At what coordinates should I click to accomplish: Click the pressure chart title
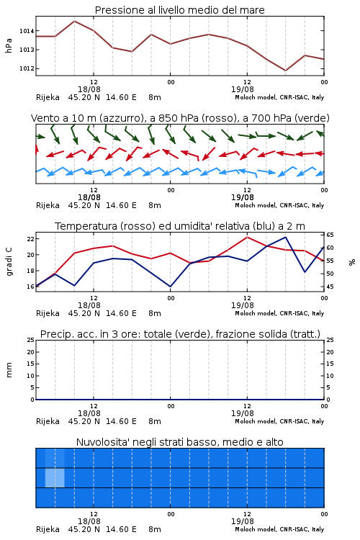(179, 10)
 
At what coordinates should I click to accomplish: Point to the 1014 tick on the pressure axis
(27, 31)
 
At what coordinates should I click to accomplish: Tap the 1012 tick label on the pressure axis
(27, 68)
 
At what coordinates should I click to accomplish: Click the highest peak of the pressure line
(74, 21)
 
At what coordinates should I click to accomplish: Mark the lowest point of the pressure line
(285, 71)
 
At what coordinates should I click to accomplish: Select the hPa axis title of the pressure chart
(9, 45)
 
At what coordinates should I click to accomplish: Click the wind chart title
(180, 118)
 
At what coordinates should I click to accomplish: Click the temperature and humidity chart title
(180, 226)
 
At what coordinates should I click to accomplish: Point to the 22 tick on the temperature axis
(30, 239)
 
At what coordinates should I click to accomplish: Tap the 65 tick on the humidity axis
(330, 235)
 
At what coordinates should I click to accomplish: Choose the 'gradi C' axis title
(9, 261)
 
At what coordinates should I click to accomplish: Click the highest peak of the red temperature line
(247, 237)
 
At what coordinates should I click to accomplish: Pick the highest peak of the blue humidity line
(285, 237)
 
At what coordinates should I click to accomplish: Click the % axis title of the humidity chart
(352, 262)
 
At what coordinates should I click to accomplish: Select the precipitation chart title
(180, 334)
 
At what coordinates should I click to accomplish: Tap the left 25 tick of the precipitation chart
(30, 341)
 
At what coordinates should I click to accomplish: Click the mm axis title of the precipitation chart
(9, 370)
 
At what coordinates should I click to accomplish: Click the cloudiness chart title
(179, 442)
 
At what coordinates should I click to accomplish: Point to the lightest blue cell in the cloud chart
(55, 477)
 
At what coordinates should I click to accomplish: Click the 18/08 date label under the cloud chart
(89, 521)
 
